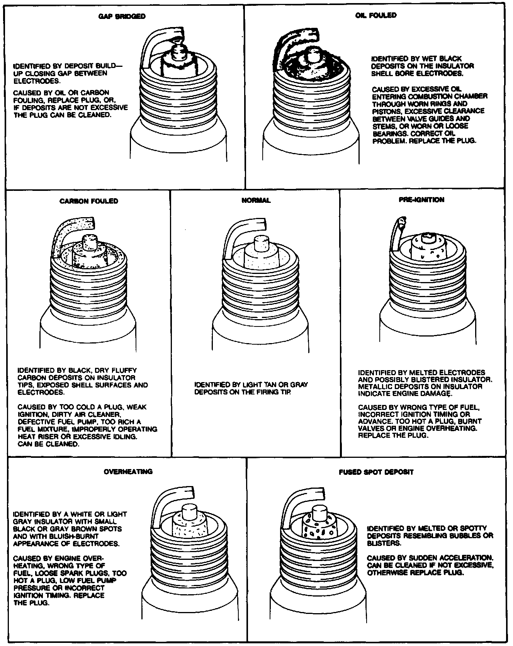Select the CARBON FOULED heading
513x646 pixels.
[89, 201]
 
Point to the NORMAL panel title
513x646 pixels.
[256, 200]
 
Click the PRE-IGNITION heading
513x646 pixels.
[421, 200]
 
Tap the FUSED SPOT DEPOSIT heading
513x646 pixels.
[376, 472]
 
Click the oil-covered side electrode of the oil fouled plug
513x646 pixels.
[288, 46]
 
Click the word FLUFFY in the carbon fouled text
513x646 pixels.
[123, 370]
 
